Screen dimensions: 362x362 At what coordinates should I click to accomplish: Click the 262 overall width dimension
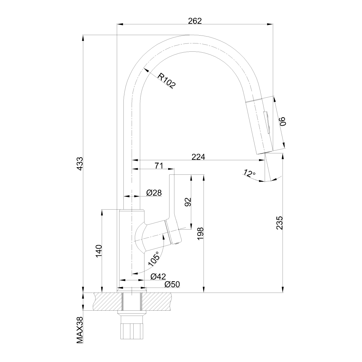tap(195, 21)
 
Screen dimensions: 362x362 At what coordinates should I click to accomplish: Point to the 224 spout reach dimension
tap(198, 157)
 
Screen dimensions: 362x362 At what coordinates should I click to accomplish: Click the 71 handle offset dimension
tap(159, 166)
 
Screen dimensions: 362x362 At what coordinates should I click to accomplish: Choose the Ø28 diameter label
tap(154, 193)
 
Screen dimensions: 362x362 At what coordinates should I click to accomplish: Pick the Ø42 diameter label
tap(158, 276)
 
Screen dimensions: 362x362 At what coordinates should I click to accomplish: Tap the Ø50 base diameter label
tap(172, 284)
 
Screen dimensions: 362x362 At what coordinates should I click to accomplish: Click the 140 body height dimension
tap(99, 251)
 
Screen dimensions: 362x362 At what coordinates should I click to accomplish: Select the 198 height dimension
tap(200, 233)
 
